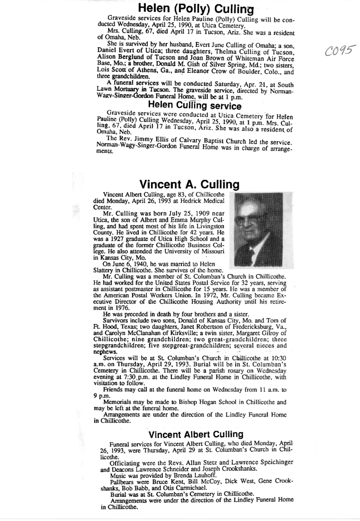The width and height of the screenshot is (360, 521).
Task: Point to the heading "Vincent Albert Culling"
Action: click(x=196, y=434)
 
